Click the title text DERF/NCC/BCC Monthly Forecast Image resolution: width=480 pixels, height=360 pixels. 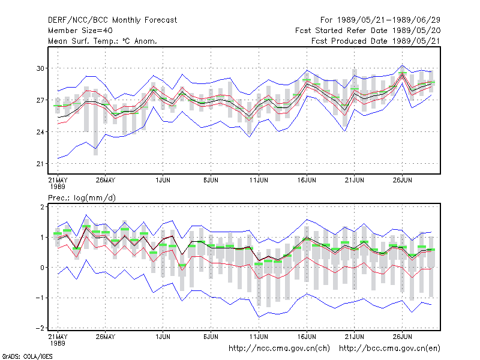pos(112,20)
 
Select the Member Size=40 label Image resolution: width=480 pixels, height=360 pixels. pos(80,31)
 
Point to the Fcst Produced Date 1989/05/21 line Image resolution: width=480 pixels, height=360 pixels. pos(376,41)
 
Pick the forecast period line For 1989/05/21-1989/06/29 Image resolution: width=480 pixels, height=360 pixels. pos(380,20)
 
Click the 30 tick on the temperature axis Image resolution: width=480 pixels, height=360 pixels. pos(40,68)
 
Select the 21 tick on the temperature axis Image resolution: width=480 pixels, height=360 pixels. pos(40,164)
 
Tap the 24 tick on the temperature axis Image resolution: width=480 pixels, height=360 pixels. pos(40,132)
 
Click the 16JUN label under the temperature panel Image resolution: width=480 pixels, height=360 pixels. pos(307,180)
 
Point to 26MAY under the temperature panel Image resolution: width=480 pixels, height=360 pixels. pos(106,180)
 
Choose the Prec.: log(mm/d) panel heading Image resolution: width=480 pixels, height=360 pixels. pos(82,198)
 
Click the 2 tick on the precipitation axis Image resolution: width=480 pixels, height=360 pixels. pos(42,206)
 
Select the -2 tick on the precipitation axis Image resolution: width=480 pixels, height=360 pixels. pos(40,328)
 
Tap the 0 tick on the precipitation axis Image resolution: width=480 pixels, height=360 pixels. pos(42,267)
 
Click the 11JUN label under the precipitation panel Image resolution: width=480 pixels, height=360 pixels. pos(259,337)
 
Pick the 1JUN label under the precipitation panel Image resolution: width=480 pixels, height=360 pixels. pos(163,337)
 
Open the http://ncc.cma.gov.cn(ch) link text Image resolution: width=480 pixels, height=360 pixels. pos(279,349)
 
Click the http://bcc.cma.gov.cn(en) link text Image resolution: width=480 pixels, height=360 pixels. pos(389,349)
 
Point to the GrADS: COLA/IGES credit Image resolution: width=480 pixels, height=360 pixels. pos(27,356)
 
